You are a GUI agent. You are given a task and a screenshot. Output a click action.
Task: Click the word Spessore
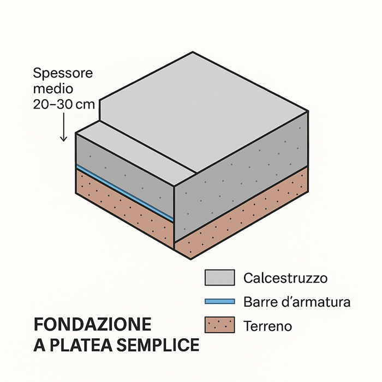click(63, 73)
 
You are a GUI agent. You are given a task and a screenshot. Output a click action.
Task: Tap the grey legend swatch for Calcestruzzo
click(219, 278)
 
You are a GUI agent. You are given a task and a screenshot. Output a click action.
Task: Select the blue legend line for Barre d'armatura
click(219, 301)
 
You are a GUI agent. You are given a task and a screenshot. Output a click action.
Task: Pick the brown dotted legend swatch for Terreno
click(219, 325)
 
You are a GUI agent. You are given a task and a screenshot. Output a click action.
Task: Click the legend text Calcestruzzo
click(285, 278)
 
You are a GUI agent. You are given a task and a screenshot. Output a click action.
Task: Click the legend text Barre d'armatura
click(297, 302)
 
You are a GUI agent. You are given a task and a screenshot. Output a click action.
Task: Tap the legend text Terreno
click(267, 326)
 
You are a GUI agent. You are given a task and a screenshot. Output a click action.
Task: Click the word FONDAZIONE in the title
click(92, 325)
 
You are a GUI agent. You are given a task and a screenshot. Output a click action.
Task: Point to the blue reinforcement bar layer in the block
click(126, 190)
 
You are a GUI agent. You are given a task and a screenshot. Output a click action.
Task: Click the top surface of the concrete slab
click(202, 104)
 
